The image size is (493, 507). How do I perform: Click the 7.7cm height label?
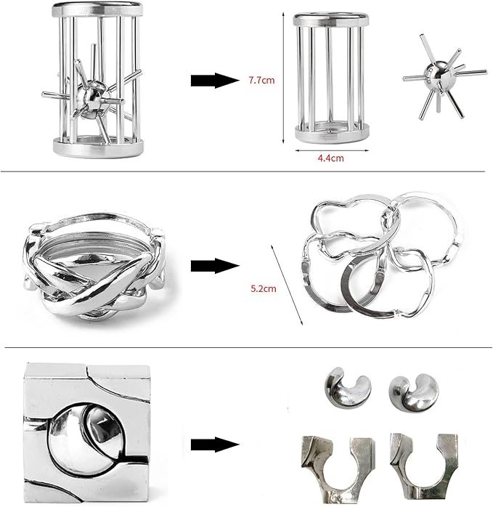coord(261,80)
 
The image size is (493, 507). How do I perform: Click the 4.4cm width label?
coord(330,158)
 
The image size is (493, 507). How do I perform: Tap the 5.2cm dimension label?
coord(264,288)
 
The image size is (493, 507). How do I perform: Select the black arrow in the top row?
coord(215,80)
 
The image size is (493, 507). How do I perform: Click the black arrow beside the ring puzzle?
coord(215,266)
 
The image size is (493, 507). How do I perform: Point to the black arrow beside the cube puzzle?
coord(215,445)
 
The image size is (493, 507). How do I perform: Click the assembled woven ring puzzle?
coord(94,266)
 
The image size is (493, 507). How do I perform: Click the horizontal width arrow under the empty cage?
coord(332,150)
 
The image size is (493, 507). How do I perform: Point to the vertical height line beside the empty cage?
coord(283,77)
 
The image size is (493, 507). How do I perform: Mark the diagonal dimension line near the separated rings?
coord(287,285)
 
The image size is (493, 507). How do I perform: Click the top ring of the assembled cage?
coord(97,9)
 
